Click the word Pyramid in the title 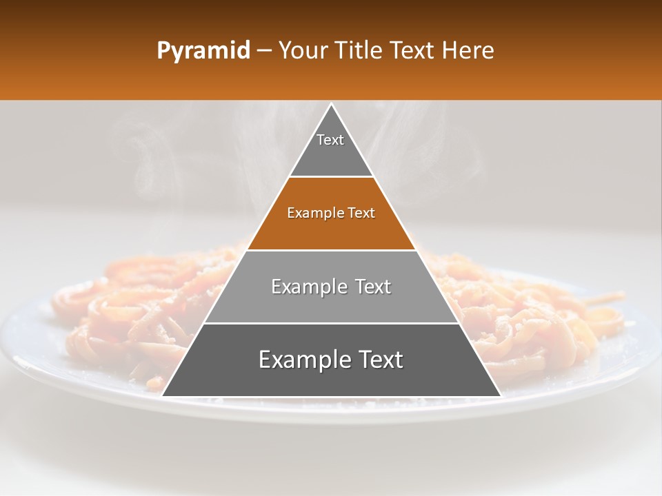point(203,51)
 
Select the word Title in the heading point(361,51)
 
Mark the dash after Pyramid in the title point(263,52)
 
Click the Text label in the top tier point(330,140)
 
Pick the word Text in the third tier point(372,287)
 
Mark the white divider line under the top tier point(331,177)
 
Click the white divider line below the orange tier point(331,250)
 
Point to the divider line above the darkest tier point(331,323)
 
